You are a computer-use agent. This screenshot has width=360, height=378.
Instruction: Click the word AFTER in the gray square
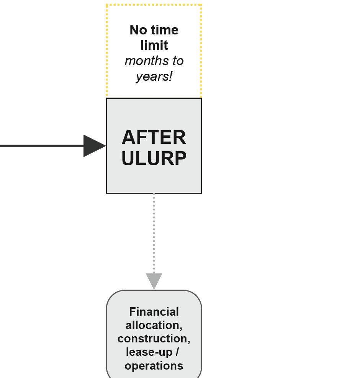pos(154,137)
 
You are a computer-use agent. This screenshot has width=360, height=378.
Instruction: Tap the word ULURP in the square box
pos(154,158)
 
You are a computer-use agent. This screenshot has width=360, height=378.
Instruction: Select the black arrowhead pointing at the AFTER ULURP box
pos(93,146)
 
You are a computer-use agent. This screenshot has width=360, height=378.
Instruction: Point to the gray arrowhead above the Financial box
pos(154,280)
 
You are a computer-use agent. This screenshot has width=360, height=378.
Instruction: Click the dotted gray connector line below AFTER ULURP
pos(154,233)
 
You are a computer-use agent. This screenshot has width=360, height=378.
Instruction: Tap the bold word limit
pos(154,45)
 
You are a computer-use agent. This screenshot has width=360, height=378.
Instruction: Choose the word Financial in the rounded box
pos(154,312)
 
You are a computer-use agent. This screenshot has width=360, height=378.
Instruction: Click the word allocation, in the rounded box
pos(154,325)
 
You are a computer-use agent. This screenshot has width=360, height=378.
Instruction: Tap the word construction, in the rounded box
pos(154,339)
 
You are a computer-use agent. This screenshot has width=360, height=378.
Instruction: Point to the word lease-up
pos(149,352)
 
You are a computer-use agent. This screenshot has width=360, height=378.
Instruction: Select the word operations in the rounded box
pos(154,365)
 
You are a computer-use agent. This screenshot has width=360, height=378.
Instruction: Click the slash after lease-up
pos(177,352)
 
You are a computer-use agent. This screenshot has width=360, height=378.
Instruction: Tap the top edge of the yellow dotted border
pos(154,5)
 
